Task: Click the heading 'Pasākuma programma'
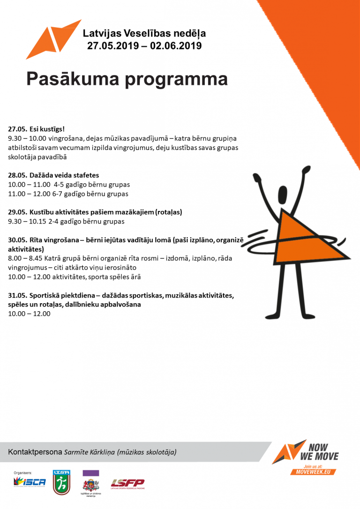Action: (x=127, y=79)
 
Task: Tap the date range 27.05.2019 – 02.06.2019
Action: (x=144, y=45)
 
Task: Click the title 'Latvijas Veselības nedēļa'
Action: (x=144, y=33)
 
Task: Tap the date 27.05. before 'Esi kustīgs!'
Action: (x=17, y=128)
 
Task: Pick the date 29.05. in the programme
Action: (x=17, y=212)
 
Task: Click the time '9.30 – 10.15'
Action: (x=27, y=221)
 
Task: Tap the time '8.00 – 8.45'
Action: (x=25, y=258)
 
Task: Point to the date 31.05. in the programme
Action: (x=17, y=295)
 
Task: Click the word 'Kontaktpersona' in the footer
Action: (x=35, y=452)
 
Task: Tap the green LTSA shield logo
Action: (x=61, y=482)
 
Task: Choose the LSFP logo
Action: (x=127, y=483)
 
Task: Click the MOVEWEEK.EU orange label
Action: (x=314, y=471)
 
